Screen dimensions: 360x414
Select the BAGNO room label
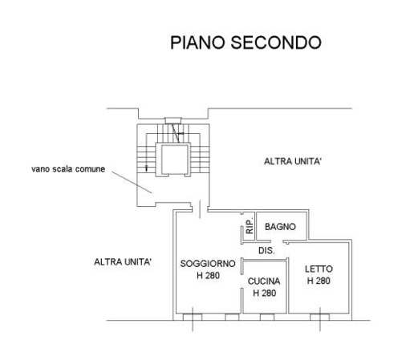[281, 227]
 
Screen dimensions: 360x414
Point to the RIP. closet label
[250, 228]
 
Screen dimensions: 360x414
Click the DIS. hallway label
[266, 251]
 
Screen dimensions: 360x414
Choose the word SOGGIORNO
[207, 264]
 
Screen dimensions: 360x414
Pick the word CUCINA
[264, 281]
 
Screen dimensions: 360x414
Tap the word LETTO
[319, 269]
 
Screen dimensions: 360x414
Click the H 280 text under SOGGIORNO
[207, 276]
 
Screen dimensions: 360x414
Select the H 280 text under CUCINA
[264, 293]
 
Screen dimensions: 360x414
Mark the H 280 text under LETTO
[319, 281]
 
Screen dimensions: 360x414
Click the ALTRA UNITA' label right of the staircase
[293, 161]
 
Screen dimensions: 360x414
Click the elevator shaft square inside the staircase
[172, 158]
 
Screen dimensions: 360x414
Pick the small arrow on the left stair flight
[147, 167]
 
